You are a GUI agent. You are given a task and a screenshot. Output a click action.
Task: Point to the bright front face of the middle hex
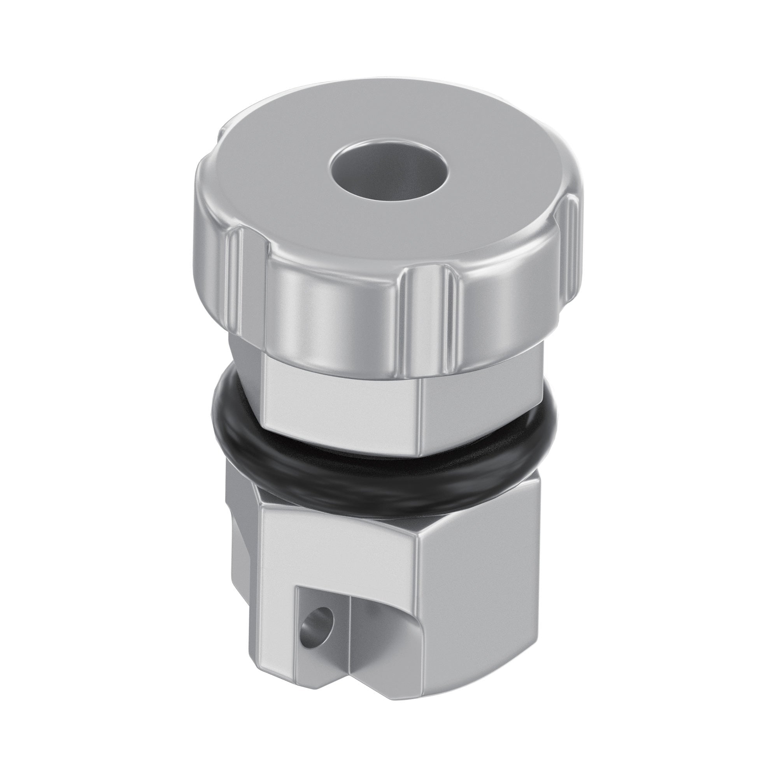click(342, 403)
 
